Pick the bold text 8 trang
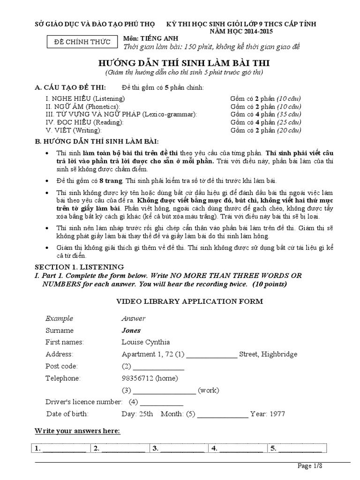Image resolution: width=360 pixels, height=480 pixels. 110,180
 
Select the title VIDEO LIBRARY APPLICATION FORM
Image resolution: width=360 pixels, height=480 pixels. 189,301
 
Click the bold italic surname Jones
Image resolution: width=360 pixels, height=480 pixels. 131,330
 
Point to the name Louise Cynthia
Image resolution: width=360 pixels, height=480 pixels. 145,342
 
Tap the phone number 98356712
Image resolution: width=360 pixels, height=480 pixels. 137,378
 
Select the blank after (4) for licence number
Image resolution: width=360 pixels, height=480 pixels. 161,402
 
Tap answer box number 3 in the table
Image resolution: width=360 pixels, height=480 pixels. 178,449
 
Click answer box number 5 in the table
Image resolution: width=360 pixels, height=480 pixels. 295,449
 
